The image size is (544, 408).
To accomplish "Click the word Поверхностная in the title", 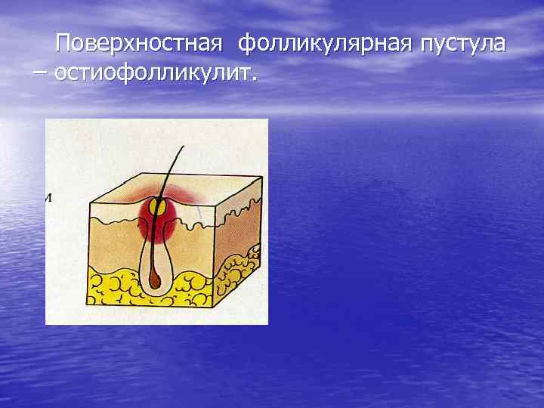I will pyautogui.click(x=139, y=43).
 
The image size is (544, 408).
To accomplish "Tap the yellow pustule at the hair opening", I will pyautogui.click(x=159, y=206).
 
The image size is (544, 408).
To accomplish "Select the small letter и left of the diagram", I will pyautogui.click(x=48, y=198).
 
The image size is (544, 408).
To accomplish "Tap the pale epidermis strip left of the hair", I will pyautogui.click(x=113, y=213).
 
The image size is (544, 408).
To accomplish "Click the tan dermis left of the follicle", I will pyautogui.click(x=113, y=242).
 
